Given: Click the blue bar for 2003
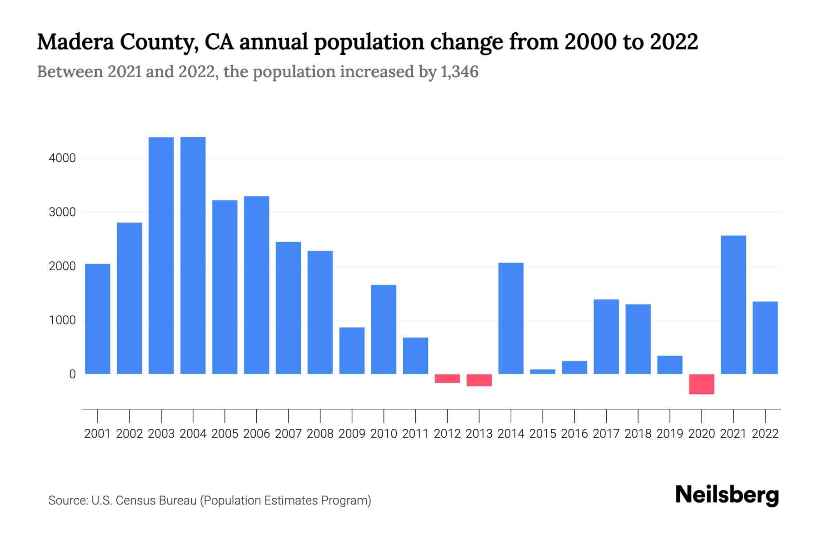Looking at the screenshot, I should pyautogui.click(x=161, y=255).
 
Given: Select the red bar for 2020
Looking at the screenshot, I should pyautogui.click(x=702, y=384).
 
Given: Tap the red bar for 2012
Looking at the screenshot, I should pyautogui.click(x=447, y=379).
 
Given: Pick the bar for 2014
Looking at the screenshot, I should pyautogui.click(x=511, y=318).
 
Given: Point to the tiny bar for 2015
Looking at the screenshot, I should pyautogui.click(x=543, y=372).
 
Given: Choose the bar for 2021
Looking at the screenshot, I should pyautogui.click(x=733, y=304).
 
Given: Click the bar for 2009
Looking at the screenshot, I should pyautogui.click(x=352, y=351).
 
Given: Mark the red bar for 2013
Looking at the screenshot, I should pyautogui.click(x=479, y=380).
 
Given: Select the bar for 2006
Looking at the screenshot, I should pyautogui.click(x=257, y=285).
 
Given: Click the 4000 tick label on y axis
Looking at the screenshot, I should pyautogui.click(x=62, y=159).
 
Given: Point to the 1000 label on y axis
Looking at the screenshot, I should pyautogui.click(x=62, y=321).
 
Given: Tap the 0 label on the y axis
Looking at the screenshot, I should pyautogui.click(x=72, y=374).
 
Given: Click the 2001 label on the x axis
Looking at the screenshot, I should pyautogui.click(x=98, y=434).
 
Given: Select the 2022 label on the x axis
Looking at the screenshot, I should pyautogui.click(x=765, y=434).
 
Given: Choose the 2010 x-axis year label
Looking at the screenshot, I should pyautogui.click(x=384, y=434).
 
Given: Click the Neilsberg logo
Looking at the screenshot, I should pyautogui.click(x=727, y=495).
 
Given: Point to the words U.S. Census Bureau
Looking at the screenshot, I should pyautogui.click(x=144, y=500).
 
